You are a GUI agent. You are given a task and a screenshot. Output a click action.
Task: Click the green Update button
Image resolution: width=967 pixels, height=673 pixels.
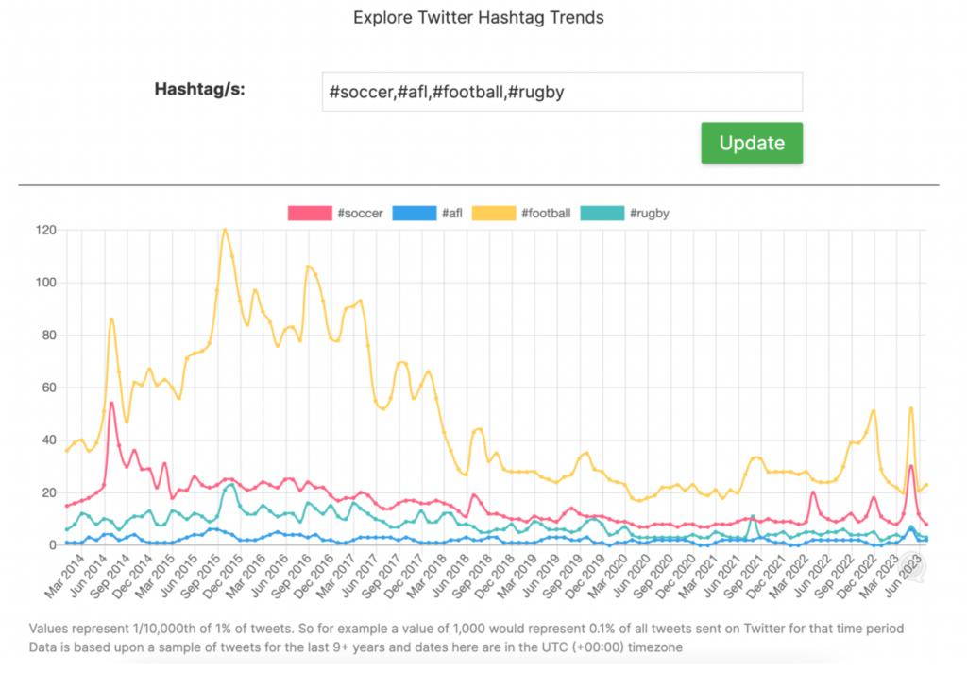point(752,143)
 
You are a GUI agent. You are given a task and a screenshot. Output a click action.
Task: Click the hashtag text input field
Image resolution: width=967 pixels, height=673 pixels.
point(562,92)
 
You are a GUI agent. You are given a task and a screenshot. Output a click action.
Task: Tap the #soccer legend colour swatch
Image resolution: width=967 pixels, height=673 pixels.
point(310,213)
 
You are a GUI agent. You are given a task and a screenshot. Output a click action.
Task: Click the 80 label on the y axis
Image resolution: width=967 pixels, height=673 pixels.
point(45,335)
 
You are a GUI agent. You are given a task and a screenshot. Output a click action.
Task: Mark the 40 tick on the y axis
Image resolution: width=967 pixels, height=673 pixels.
point(45,440)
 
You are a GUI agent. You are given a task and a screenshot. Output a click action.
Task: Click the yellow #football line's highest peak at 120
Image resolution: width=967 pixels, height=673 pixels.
point(225,230)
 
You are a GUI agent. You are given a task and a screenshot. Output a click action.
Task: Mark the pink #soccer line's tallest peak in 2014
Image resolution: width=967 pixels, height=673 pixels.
point(111,403)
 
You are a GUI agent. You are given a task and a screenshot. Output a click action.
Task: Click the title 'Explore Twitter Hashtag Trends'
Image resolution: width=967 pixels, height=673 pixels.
point(478,17)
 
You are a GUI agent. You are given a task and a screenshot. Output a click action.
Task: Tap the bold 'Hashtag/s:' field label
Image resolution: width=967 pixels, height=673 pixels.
point(199,91)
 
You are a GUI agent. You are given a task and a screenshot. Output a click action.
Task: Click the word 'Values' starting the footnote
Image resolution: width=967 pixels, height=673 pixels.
point(49,629)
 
